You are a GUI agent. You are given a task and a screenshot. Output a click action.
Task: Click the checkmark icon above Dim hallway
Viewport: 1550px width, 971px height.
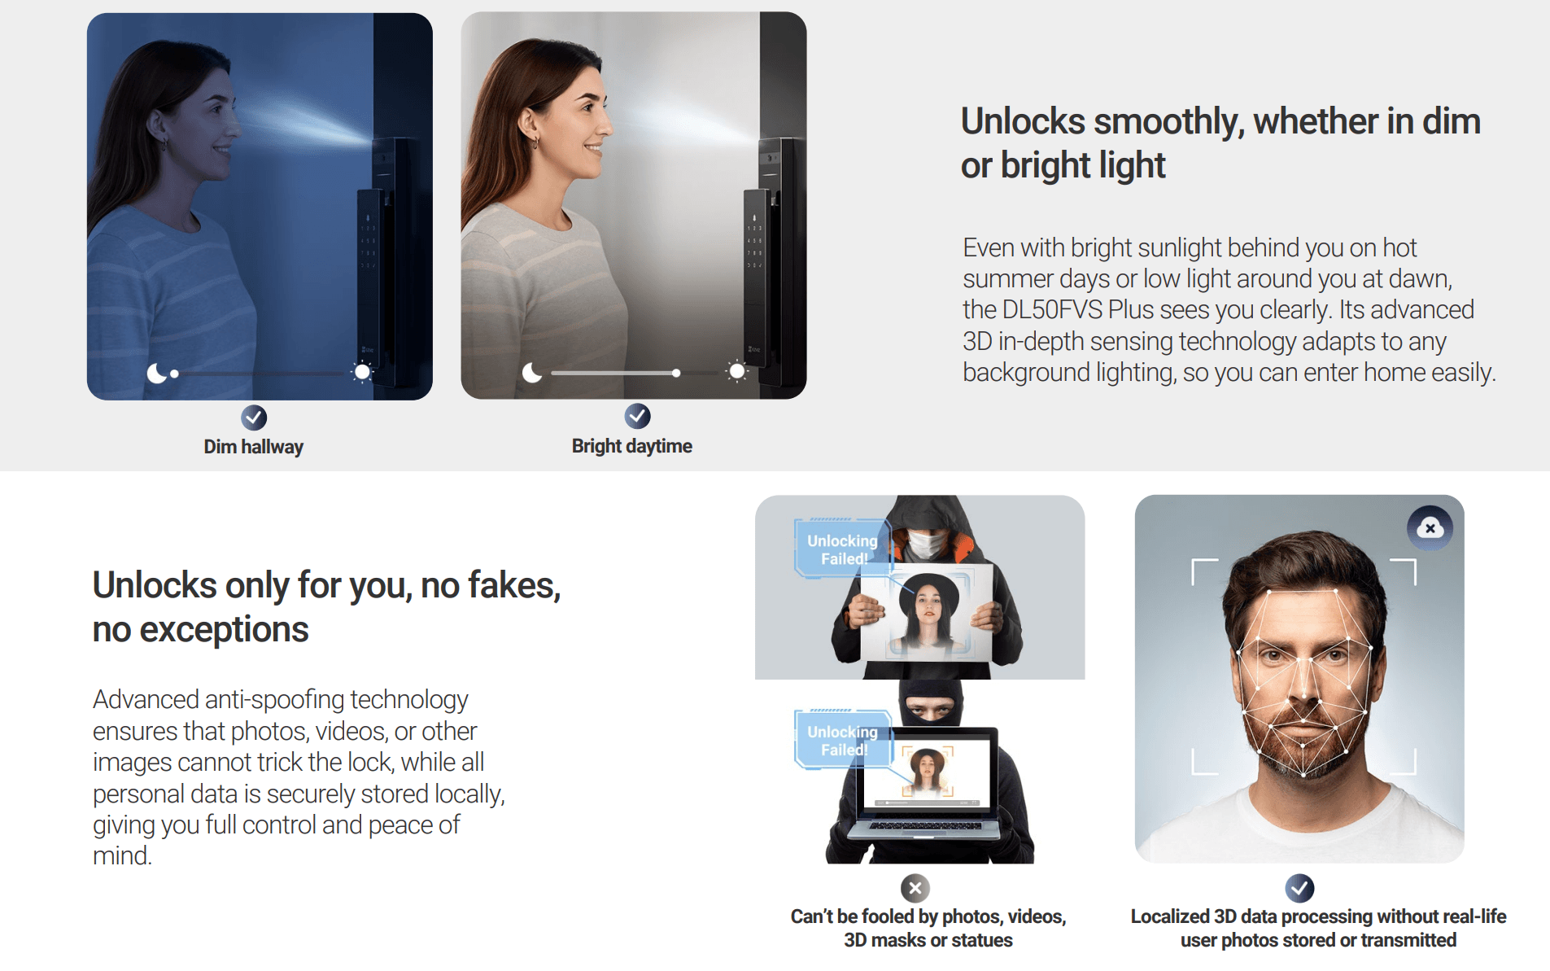point(254,418)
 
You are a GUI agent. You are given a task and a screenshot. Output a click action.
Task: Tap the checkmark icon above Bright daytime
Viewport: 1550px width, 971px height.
point(637,416)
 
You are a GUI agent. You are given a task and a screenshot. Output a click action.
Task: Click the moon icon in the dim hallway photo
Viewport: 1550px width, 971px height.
point(156,373)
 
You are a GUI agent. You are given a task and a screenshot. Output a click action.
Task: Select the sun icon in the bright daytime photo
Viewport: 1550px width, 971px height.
point(736,372)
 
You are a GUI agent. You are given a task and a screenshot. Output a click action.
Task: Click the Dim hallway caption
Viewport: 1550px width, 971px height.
point(253,447)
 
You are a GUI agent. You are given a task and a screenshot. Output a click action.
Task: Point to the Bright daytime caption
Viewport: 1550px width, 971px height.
point(632,446)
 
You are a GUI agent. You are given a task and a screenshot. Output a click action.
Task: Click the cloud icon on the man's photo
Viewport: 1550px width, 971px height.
point(1430,528)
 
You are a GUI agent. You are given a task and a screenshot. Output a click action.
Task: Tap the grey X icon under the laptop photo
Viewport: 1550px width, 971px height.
point(915,888)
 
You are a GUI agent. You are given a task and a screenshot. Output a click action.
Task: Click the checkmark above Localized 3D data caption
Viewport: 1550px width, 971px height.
point(1299,888)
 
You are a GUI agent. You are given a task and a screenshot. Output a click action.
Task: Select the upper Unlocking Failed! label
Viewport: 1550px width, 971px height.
point(842,549)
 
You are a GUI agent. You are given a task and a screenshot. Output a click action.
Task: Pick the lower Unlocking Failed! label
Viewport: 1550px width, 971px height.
point(842,741)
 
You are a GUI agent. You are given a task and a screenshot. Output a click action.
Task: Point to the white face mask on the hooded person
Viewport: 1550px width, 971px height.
point(926,544)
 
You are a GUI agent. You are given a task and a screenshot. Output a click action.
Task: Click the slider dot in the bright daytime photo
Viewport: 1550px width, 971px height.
point(676,373)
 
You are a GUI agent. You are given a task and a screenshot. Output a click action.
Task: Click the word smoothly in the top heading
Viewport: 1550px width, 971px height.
point(1169,121)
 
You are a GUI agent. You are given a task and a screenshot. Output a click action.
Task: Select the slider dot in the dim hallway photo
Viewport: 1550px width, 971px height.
point(174,374)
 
